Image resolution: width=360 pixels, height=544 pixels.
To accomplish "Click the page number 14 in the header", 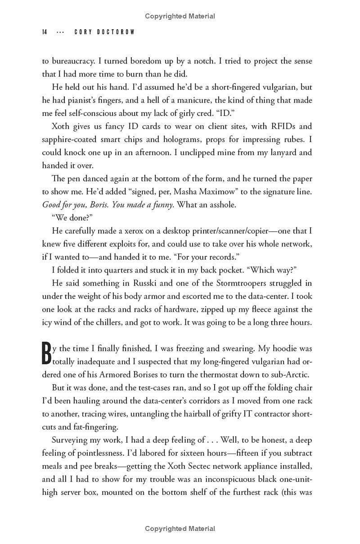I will click(45, 32).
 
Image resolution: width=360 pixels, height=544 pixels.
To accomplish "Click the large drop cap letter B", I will click(46, 354).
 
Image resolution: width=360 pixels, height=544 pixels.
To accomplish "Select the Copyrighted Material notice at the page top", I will click(180, 16).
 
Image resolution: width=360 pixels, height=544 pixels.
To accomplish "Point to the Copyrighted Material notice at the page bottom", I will click(180, 529).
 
